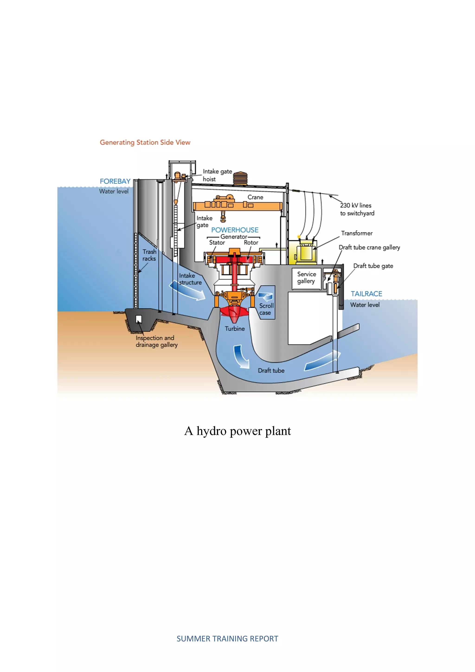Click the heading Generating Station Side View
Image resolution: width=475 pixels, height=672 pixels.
145,142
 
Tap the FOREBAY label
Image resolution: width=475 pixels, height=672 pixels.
115,181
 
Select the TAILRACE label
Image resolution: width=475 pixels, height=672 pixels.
366,294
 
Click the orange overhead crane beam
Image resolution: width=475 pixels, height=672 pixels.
237,206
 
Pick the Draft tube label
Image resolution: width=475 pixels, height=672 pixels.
271,371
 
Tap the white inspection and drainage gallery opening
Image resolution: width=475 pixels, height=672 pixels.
139,319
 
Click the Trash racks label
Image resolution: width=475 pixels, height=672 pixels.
149,255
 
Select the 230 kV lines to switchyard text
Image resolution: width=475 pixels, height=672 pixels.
357,209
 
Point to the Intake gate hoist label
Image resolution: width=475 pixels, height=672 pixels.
217,175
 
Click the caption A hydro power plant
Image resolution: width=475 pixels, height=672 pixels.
237,431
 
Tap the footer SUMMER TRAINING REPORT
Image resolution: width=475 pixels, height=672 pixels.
227,639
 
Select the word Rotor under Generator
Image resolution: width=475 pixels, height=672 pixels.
251,243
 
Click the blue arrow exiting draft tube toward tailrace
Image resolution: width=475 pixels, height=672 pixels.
323,361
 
